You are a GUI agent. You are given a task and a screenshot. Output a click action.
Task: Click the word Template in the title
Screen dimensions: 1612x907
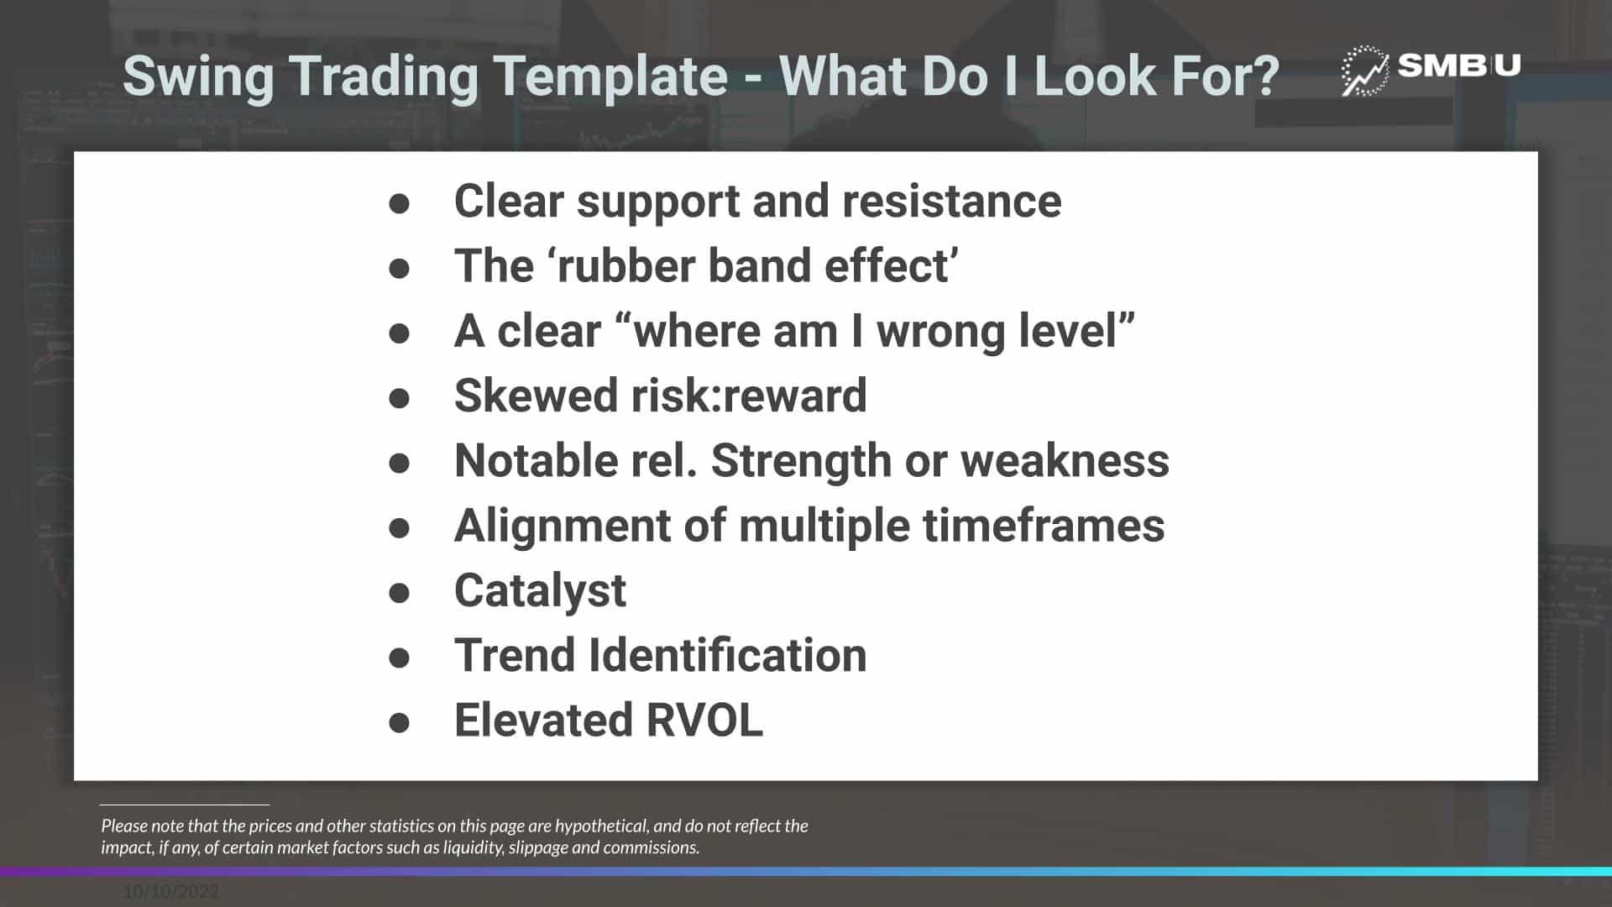point(610,76)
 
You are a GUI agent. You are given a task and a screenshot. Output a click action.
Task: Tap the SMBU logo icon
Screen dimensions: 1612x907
point(1364,71)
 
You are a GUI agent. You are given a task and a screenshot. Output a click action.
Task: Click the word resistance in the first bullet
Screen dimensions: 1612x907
point(951,202)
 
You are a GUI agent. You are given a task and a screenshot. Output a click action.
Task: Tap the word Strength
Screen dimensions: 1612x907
point(801,461)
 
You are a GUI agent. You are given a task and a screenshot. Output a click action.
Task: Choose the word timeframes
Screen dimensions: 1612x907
point(1044,526)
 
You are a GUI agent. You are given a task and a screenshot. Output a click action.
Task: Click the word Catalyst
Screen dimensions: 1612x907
point(540,591)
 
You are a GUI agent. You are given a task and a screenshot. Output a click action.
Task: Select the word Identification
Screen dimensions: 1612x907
point(727,655)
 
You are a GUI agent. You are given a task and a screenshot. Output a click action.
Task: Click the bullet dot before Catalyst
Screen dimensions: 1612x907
point(400,593)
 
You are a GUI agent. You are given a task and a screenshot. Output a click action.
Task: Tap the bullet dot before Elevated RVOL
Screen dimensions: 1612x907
point(400,722)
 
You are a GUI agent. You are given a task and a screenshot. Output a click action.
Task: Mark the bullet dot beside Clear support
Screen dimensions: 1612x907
point(400,203)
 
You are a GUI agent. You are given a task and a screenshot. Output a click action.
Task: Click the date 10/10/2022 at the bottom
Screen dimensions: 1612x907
point(171,892)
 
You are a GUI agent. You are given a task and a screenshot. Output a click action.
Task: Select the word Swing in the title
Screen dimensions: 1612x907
point(198,77)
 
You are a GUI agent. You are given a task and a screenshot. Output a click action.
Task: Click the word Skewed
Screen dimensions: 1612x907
point(536,396)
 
